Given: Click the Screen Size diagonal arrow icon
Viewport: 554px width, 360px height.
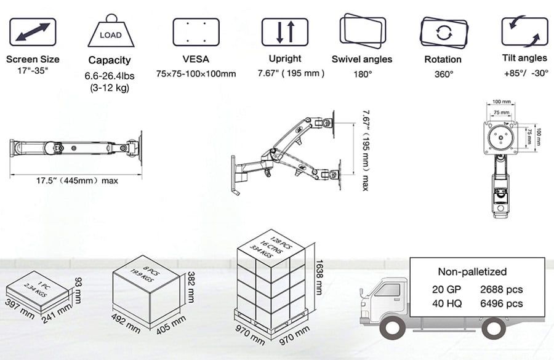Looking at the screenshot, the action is coord(33,32).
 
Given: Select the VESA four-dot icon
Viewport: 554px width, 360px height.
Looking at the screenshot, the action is coord(196,32).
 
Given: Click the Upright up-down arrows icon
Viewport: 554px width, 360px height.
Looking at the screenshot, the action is coord(285,32).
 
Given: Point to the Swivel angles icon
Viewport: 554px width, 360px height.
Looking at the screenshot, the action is coord(363,31).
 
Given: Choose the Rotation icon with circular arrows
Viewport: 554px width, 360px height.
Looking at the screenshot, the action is coord(444,33).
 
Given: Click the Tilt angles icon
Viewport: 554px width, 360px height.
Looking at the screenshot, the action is coord(524,31).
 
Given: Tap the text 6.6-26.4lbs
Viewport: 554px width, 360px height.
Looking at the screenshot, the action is coord(110,76).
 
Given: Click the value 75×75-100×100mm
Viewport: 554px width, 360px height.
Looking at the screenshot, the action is coord(196,74).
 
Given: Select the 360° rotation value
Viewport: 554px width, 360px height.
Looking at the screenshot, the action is coord(444,74).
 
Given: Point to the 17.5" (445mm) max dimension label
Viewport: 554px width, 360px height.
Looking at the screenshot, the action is coord(77,181).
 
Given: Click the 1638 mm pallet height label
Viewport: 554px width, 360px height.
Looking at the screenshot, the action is coord(319,278).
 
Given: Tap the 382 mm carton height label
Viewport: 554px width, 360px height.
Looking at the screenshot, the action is coord(191,287).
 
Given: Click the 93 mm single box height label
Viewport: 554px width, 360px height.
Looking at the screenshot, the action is coord(78,290).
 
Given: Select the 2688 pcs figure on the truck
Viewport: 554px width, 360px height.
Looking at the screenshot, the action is coord(501,289).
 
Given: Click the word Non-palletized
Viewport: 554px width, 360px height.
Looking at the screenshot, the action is coord(472,271).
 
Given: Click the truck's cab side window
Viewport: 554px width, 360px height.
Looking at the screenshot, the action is coord(388,290).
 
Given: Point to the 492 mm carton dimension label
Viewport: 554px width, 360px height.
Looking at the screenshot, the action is coord(126,323).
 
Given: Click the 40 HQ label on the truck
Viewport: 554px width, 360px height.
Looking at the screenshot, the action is coord(447,303).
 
